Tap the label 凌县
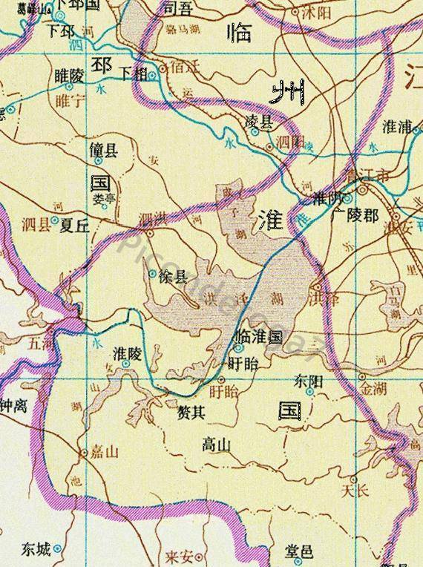(x=260, y=119)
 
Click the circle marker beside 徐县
(x=152, y=273)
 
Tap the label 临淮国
(x=258, y=336)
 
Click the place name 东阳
(x=309, y=381)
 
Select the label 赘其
(x=191, y=413)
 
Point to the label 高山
(x=217, y=445)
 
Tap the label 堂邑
(x=300, y=551)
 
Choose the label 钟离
(x=13, y=407)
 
